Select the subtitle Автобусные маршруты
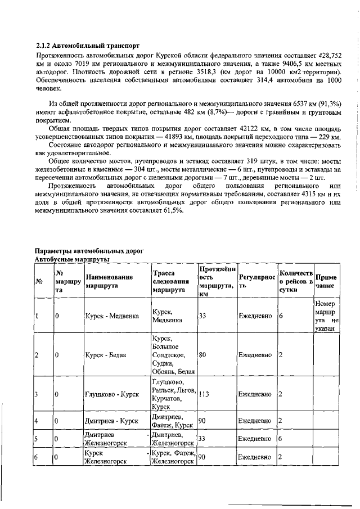(71, 259)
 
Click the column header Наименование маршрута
(110, 281)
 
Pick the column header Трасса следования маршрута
(172, 281)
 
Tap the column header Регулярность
(256, 281)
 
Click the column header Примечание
(326, 281)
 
